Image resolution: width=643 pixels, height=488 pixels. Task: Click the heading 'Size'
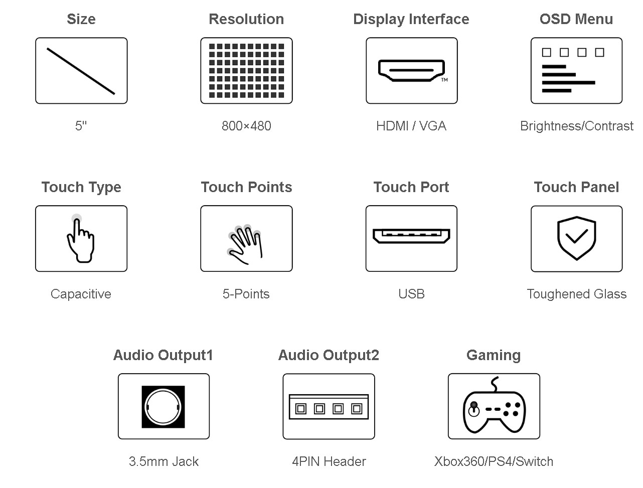(81, 20)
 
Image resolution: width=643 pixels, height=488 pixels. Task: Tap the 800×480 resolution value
(246, 126)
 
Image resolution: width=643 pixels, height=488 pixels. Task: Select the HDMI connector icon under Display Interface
(411, 71)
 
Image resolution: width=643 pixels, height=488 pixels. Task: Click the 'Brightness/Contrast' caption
(576, 126)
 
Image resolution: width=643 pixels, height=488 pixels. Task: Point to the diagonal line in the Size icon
(81, 71)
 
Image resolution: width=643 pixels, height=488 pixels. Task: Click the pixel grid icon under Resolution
(246, 71)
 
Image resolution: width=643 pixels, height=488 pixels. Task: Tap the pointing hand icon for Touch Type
(81, 238)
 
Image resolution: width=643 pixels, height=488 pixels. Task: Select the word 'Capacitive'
(81, 294)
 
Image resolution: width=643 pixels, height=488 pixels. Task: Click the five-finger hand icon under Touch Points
(244, 245)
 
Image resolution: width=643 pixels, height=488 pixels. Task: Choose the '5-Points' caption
(246, 294)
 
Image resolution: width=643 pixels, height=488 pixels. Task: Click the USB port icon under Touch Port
(411, 236)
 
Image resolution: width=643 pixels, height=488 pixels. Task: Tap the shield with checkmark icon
(576, 238)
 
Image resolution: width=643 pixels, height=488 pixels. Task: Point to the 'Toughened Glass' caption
(576, 294)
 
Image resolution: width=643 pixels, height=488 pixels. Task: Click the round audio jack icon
(163, 407)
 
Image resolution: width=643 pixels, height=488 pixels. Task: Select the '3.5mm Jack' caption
(164, 461)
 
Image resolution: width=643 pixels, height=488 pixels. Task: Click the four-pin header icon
(329, 407)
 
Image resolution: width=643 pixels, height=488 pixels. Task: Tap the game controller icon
(494, 405)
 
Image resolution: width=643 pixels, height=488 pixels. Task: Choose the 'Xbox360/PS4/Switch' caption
(494, 461)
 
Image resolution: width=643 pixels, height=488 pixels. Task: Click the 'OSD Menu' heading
(576, 20)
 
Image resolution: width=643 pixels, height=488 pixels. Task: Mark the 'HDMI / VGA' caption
(411, 126)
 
